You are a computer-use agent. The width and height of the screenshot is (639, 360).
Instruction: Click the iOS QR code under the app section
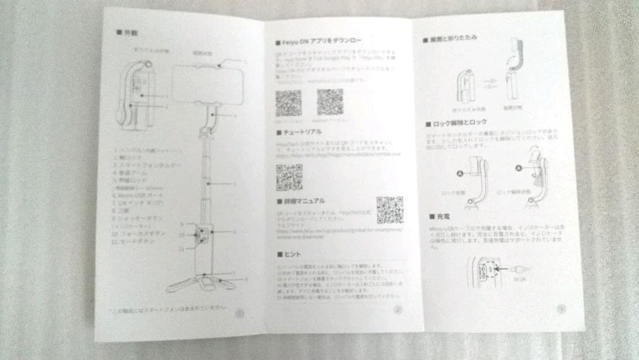click(x=288, y=102)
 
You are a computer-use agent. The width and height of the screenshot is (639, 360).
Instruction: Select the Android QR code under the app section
click(x=330, y=102)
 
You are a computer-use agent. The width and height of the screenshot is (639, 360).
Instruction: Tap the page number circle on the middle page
click(x=398, y=308)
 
